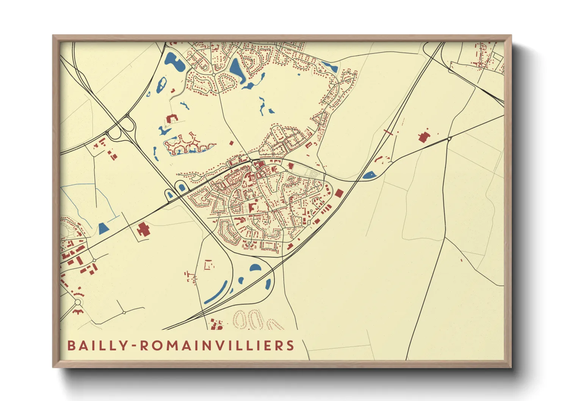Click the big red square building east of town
339,193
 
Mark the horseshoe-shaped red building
172,118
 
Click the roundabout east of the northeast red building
449,139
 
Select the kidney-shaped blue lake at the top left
175,63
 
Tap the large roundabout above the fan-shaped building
78,302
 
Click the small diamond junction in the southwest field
124,313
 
